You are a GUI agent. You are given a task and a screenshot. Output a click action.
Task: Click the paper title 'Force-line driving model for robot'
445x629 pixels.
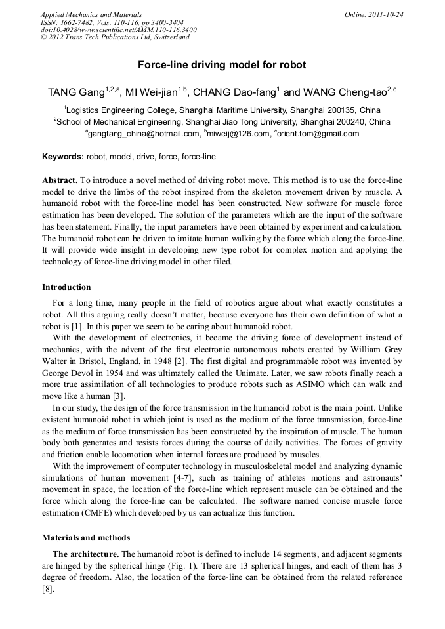pos(222,66)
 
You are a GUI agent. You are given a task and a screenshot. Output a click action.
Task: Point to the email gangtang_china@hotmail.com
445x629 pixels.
pos(144,134)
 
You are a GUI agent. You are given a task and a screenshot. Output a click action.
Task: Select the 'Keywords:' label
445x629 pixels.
pos(63,157)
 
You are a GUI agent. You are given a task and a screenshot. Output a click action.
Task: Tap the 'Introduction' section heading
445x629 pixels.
pos(66,287)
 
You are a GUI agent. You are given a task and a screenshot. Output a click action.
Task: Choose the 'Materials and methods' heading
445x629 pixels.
pos(86,537)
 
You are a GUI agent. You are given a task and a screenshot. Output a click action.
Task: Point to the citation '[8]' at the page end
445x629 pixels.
pos(48,590)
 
